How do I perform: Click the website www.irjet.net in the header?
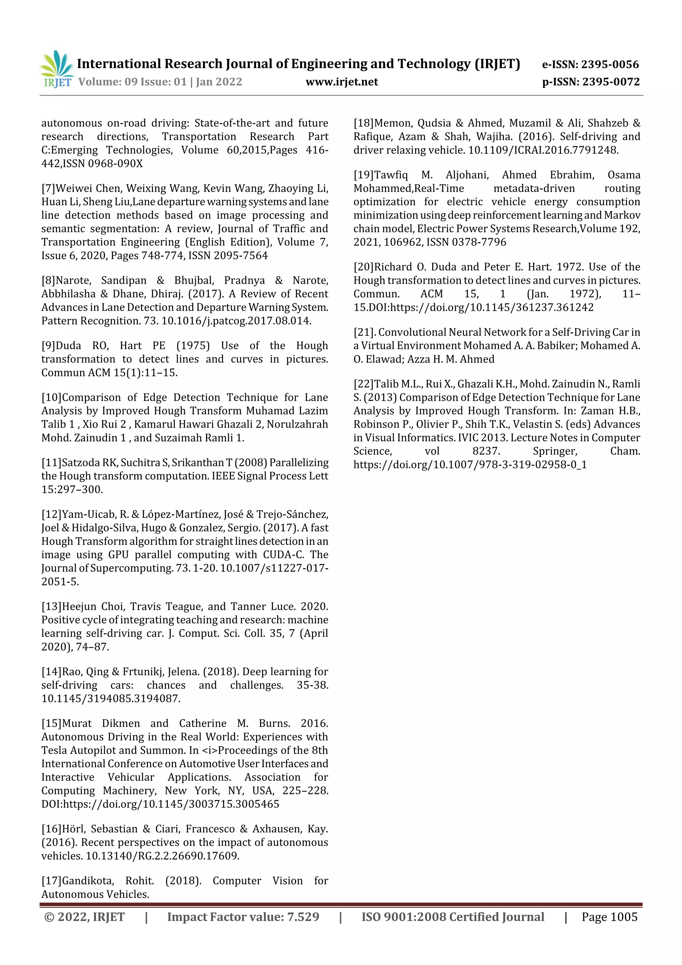click(342, 82)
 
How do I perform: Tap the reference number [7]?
click(48, 188)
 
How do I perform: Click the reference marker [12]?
click(51, 514)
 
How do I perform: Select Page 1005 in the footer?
click(609, 917)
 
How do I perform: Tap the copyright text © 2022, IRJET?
click(84, 917)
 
